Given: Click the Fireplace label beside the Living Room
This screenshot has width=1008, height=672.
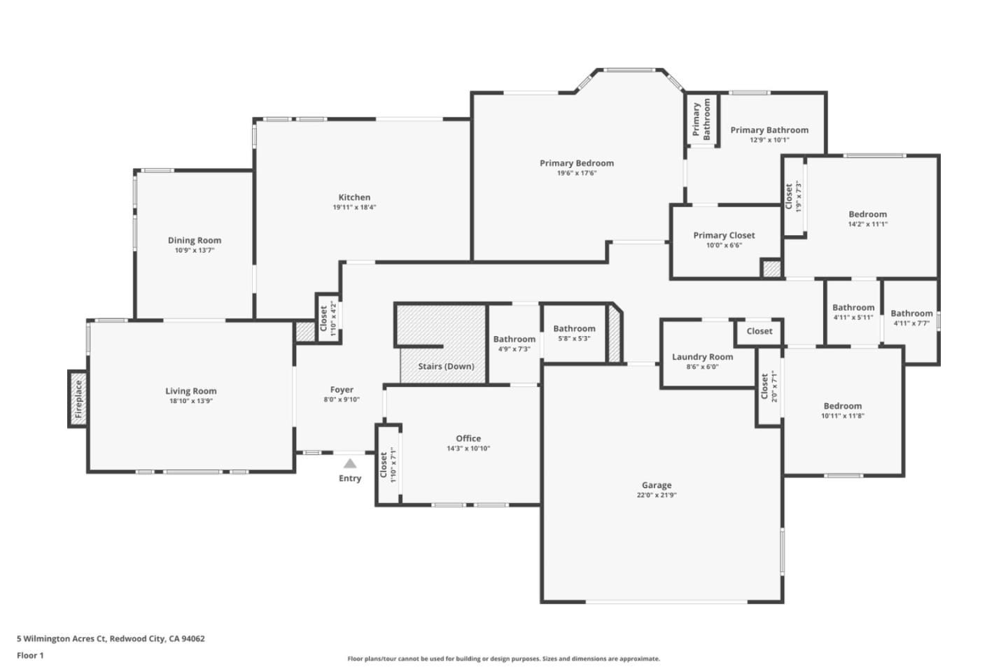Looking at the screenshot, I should [x=78, y=398].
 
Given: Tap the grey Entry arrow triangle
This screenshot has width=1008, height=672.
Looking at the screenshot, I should [x=350, y=463].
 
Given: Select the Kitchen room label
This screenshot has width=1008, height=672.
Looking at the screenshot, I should [x=354, y=197].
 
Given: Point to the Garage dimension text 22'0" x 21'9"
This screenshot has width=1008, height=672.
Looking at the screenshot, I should [x=657, y=495].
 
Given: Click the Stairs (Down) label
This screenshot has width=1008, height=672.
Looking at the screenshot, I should [x=446, y=366].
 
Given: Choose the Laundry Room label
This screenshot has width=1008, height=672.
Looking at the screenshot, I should [x=702, y=357].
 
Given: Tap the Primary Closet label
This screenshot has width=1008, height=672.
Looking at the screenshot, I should [x=724, y=235].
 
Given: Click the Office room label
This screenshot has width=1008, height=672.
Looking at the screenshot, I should [x=468, y=439].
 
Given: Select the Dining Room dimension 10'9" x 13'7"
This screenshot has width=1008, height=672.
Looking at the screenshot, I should [x=195, y=250].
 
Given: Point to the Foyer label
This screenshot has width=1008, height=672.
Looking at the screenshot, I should [x=342, y=390].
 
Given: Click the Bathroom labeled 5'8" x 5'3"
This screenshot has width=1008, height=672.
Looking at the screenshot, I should [x=574, y=329].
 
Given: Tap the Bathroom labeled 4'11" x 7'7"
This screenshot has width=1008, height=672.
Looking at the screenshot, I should [x=911, y=314].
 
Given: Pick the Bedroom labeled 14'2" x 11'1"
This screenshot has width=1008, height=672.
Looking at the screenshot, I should [x=867, y=214].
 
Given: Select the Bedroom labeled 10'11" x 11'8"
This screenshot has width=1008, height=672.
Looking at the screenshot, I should [x=842, y=406].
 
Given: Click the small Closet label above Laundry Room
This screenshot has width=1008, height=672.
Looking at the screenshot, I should [x=759, y=331].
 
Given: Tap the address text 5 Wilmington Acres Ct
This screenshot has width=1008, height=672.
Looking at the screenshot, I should [x=62, y=638].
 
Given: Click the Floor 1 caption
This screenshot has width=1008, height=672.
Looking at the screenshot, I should [x=30, y=656].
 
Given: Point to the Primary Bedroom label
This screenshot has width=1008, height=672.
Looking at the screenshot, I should [x=576, y=163].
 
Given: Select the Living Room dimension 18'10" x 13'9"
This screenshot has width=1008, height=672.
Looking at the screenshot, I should [x=190, y=401].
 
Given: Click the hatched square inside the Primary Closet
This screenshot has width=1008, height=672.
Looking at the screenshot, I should [x=771, y=268].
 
